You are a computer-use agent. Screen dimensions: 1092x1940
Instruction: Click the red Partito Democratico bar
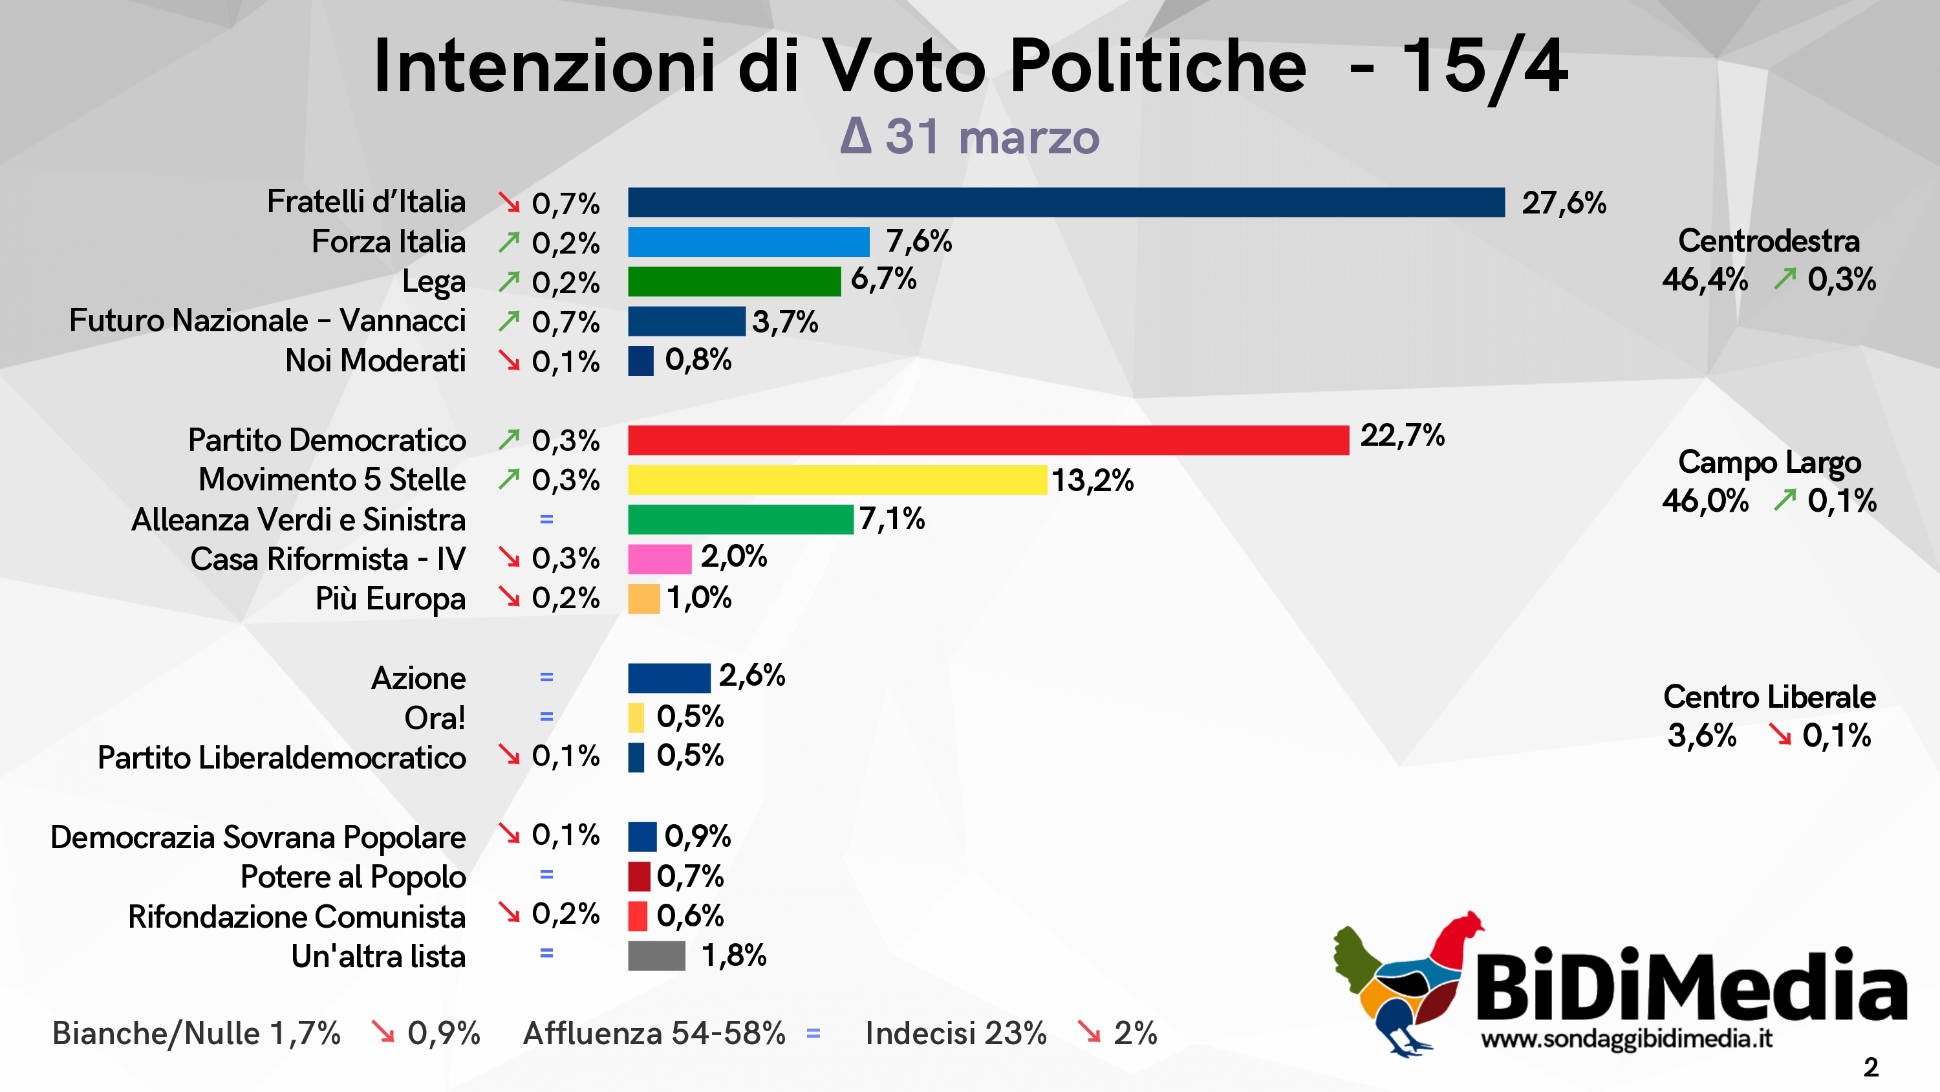coord(988,440)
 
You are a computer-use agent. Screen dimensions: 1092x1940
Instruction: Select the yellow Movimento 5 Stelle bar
coord(837,480)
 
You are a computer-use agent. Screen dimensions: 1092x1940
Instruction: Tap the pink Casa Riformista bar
coord(659,559)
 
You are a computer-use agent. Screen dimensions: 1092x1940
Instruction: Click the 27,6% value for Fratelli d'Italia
coord(1564,202)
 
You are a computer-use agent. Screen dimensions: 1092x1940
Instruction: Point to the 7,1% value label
coord(892,518)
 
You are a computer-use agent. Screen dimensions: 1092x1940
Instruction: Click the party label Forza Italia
coord(389,242)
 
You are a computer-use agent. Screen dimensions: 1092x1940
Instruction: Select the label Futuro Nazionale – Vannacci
coord(267,320)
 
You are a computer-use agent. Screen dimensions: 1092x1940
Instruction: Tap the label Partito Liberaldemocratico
coord(282,758)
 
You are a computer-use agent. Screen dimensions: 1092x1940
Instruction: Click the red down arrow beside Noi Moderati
coord(509,361)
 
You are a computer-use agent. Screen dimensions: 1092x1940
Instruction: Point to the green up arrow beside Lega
coord(509,282)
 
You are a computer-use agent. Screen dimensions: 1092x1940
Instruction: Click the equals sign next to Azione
coord(546,677)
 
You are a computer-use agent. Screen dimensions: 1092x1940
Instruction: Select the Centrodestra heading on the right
coord(1768,241)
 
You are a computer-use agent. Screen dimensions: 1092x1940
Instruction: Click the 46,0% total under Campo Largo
coord(1705,501)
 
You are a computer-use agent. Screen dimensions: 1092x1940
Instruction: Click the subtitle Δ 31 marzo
coord(970,137)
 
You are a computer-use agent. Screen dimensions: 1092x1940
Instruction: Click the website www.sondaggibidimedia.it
coord(1626,1038)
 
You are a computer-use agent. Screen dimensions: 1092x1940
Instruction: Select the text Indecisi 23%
coord(955,1033)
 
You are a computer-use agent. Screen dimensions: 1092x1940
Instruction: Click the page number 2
coord(1871,1067)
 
